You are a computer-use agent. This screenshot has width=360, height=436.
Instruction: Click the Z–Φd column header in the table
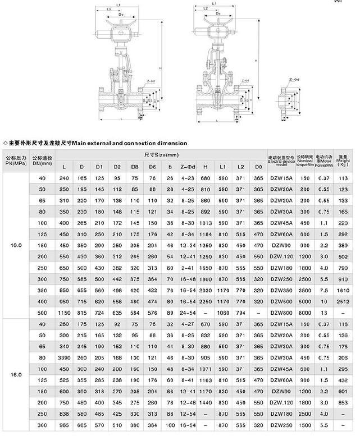187,167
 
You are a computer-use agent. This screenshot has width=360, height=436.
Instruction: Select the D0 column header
258,167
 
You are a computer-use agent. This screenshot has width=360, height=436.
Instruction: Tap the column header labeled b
170,167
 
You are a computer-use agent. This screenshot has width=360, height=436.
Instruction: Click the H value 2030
205,291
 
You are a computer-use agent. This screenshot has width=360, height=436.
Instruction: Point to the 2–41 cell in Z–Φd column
187,268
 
